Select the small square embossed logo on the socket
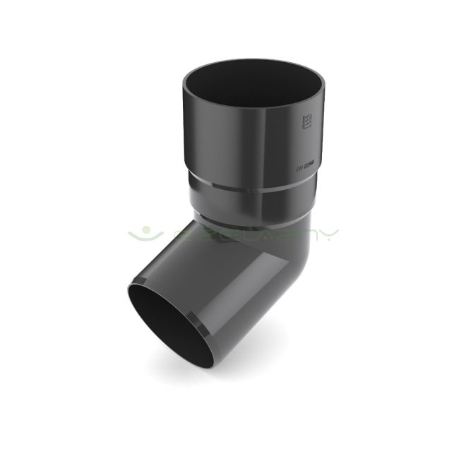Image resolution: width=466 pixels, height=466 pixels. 306,121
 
